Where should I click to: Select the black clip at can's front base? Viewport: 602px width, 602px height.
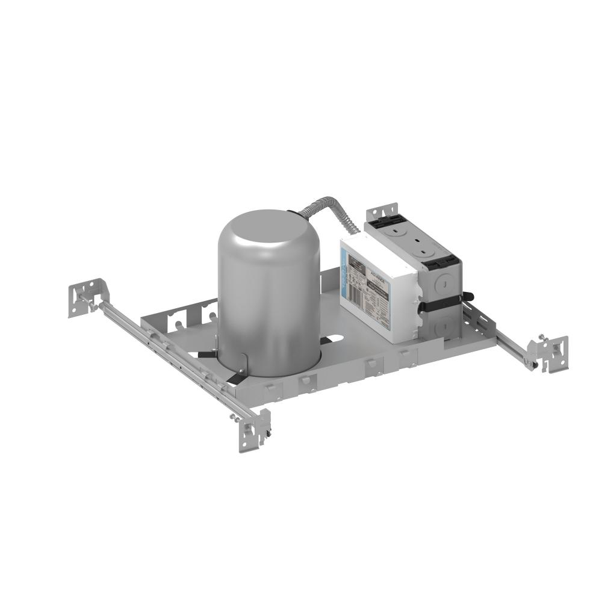tap(235, 377)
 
